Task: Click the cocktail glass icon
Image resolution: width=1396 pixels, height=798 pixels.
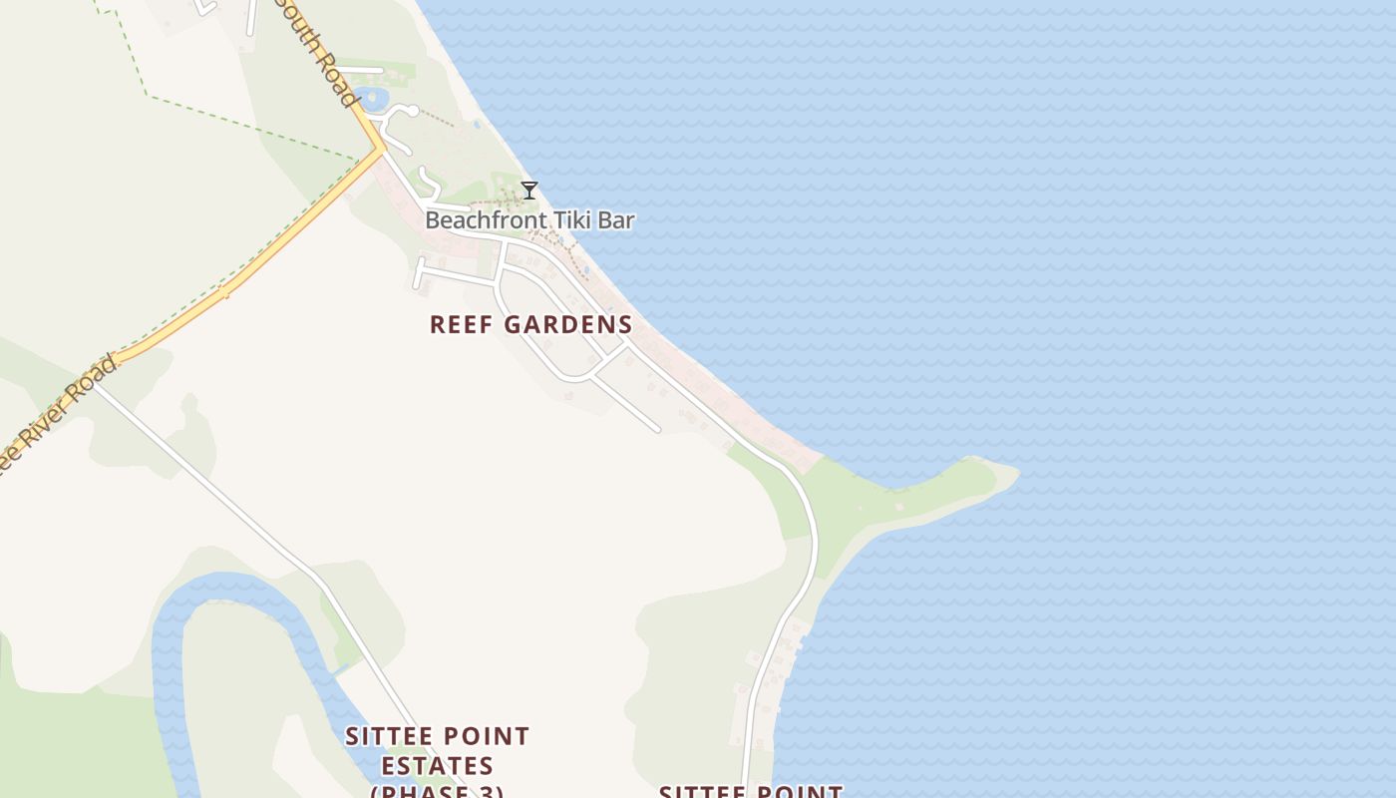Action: click(529, 191)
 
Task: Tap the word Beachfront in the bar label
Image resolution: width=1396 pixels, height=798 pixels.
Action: click(474, 220)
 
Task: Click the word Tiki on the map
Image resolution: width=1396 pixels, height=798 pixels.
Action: click(562, 220)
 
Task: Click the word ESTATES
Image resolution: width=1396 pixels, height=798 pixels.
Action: click(437, 766)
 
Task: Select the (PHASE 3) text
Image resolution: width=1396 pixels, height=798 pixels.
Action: click(437, 791)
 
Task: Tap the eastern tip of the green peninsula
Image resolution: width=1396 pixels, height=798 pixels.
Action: click(1012, 474)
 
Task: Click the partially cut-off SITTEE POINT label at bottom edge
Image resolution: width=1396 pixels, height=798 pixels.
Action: click(750, 792)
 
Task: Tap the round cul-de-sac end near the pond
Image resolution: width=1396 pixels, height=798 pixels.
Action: click(412, 111)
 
